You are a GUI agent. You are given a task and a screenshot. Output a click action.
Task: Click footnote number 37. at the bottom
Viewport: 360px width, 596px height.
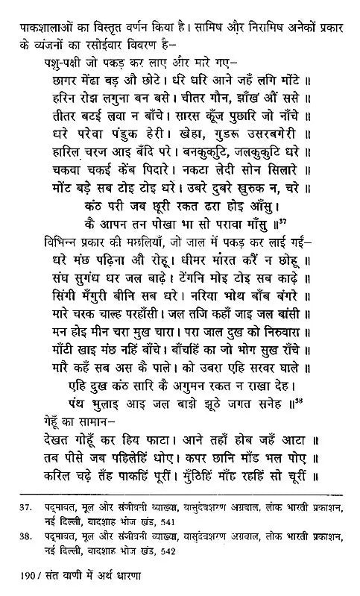24,513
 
